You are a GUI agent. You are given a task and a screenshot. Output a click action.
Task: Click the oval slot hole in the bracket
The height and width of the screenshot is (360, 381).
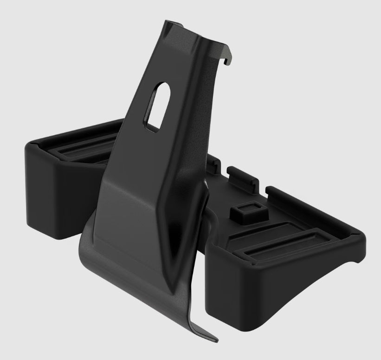pos(155,104)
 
